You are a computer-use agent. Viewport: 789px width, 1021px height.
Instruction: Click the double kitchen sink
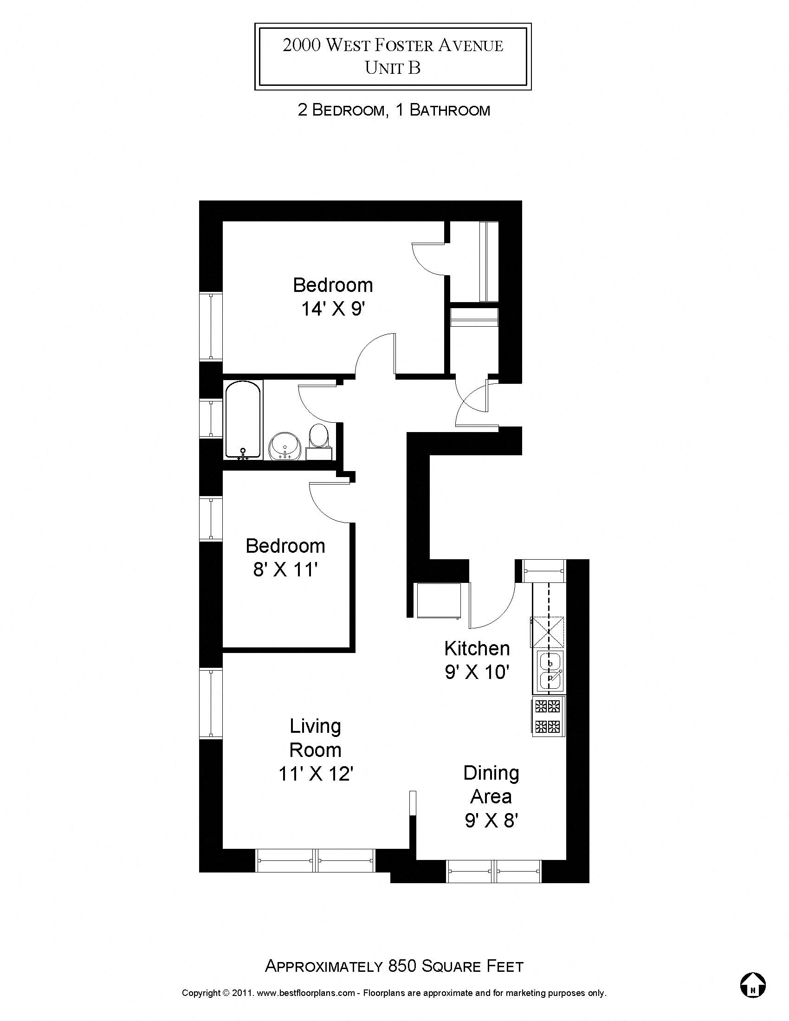(x=550, y=670)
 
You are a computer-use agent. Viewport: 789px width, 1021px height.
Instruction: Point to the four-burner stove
(x=548, y=716)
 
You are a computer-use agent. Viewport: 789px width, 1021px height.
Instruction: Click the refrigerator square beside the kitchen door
(x=439, y=601)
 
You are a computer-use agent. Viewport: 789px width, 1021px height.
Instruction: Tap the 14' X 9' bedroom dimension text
(x=332, y=309)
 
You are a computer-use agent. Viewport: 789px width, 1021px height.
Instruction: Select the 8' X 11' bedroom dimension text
(x=285, y=570)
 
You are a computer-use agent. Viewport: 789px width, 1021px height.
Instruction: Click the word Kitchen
(x=477, y=648)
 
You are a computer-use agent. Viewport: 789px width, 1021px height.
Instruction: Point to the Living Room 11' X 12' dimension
(x=316, y=774)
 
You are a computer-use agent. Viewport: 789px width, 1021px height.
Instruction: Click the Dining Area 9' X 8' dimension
(x=491, y=821)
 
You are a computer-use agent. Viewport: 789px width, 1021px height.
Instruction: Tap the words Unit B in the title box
(x=393, y=68)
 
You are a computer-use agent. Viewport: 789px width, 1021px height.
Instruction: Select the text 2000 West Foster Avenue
(x=393, y=45)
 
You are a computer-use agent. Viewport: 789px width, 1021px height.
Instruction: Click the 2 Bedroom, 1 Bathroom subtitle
(x=394, y=110)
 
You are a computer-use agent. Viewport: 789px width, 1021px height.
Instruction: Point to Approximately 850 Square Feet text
(x=394, y=966)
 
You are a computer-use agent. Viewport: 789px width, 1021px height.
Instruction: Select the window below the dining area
(x=495, y=871)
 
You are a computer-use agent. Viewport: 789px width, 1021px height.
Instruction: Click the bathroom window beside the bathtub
(x=211, y=419)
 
